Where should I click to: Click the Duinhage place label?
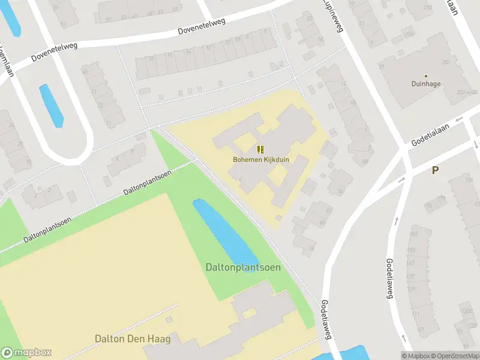click(x=426, y=85)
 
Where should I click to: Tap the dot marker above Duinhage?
click(x=426, y=76)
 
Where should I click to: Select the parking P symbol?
click(x=435, y=170)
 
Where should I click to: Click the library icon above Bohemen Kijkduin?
click(x=260, y=149)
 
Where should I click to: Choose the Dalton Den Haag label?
click(x=133, y=339)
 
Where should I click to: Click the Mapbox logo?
click(x=26, y=353)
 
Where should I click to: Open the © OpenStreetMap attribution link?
click(x=454, y=355)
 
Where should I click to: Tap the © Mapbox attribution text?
click(x=415, y=355)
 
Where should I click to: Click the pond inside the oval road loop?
click(x=51, y=105)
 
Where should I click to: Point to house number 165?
click(x=413, y=234)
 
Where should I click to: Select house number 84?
click(x=340, y=192)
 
